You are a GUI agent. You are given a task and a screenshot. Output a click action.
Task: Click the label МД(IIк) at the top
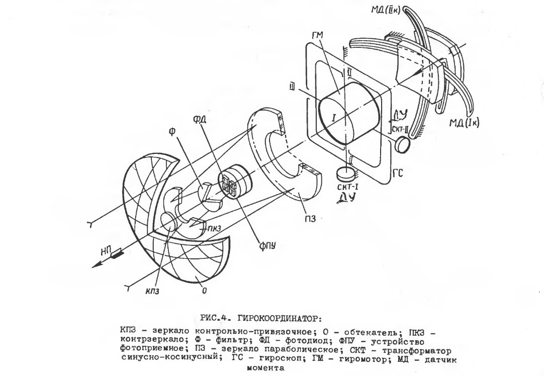click(x=386, y=10)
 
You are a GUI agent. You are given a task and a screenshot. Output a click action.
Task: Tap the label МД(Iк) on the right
click(x=464, y=123)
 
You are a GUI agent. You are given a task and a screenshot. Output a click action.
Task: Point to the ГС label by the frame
click(x=398, y=172)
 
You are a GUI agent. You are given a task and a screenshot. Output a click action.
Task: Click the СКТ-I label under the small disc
click(x=347, y=187)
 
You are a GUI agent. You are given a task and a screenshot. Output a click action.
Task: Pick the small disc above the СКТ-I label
click(x=346, y=173)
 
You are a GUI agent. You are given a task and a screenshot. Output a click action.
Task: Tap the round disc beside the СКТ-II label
click(x=403, y=144)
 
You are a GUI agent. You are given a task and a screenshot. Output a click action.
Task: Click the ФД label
click(x=200, y=119)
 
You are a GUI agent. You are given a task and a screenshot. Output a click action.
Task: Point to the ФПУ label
click(x=267, y=246)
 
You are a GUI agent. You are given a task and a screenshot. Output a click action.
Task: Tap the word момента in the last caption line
click(x=265, y=368)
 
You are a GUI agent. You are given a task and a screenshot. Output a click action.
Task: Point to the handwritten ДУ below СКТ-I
click(x=347, y=198)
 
